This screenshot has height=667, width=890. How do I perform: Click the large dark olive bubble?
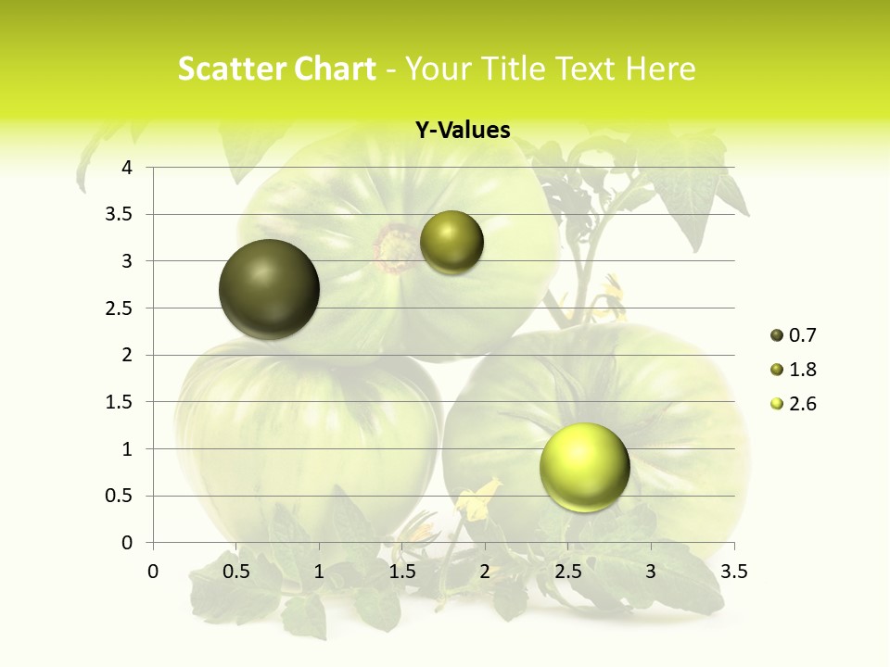click(x=269, y=289)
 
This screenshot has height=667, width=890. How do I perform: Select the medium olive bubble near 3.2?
click(x=451, y=243)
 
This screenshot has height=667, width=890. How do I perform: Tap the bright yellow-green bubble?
click(x=584, y=467)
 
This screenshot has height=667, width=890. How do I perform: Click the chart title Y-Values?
click(x=462, y=131)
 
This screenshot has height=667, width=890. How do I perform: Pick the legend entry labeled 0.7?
click(x=794, y=335)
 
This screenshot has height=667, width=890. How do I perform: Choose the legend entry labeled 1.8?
click(x=794, y=370)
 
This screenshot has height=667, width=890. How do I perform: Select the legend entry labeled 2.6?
click(x=794, y=404)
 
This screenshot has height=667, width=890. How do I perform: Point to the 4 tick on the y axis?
click(x=127, y=168)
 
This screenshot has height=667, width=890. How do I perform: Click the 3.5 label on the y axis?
click(x=118, y=215)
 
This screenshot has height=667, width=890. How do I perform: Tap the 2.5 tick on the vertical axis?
click(x=118, y=308)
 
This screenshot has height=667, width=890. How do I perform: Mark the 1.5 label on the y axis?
click(x=118, y=402)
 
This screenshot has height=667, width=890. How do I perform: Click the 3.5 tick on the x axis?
click(x=733, y=572)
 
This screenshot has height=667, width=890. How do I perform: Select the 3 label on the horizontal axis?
click(x=651, y=572)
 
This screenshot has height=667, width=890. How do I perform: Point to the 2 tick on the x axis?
click(x=485, y=572)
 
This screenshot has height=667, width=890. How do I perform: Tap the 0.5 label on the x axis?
click(x=235, y=572)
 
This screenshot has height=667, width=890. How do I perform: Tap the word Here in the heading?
click(x=661, y=69)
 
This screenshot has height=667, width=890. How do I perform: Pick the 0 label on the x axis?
click(x=153, y=572)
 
